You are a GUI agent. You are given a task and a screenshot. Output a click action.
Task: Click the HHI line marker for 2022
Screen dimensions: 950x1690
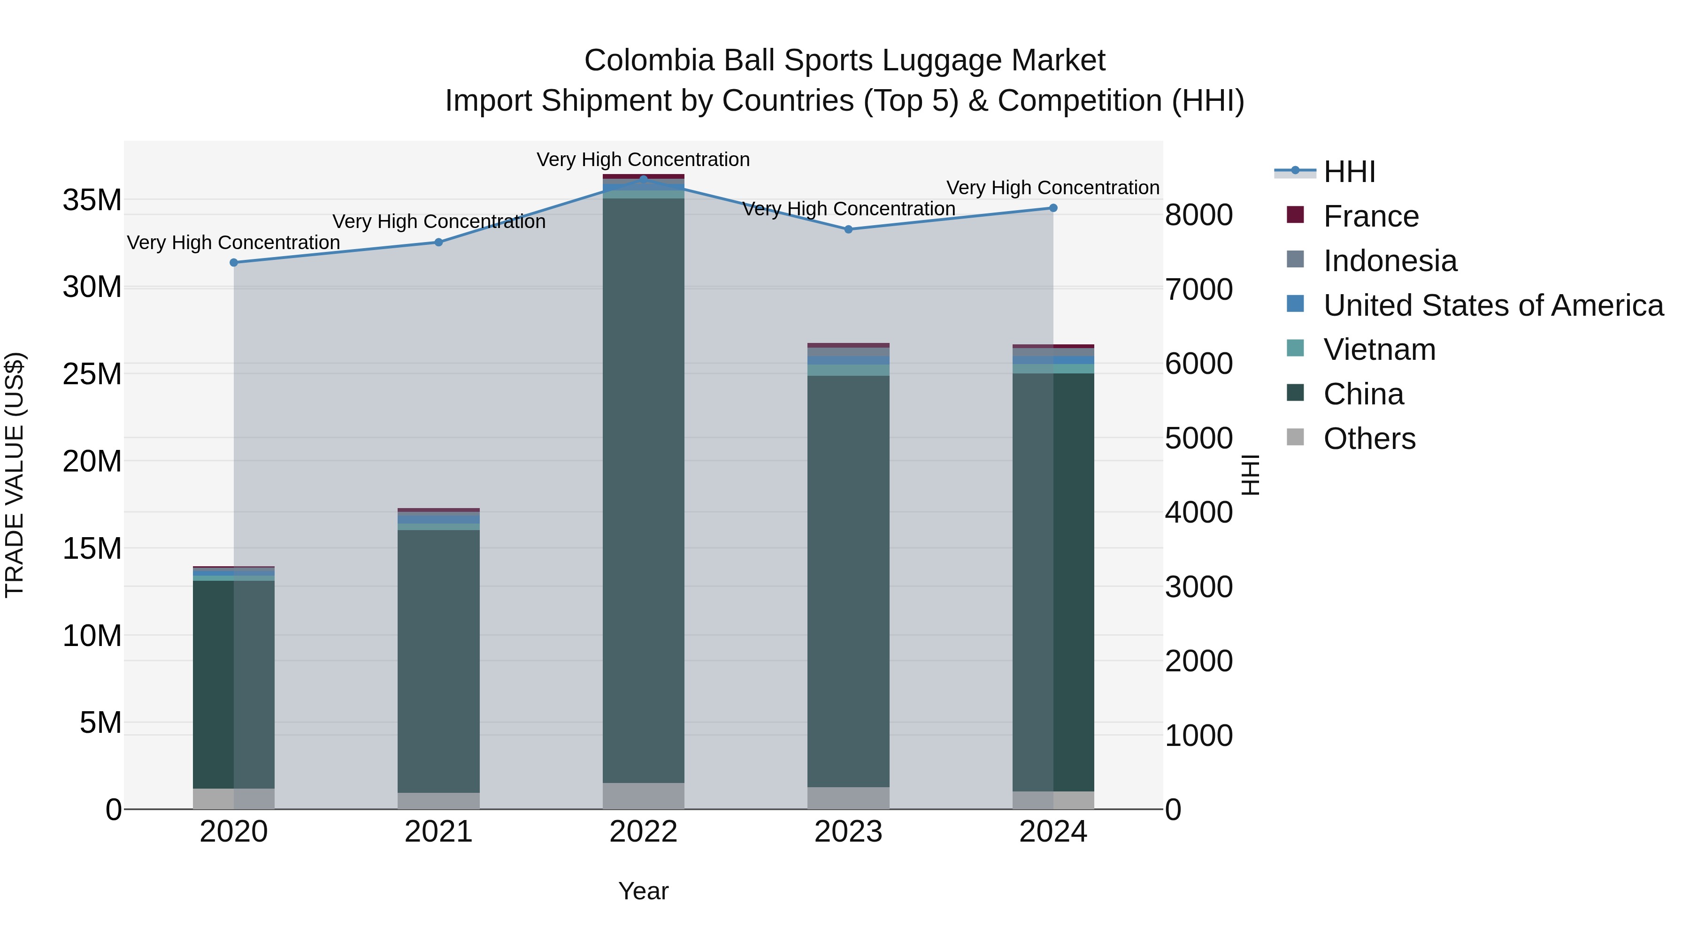pyautogui.click(x=643, y=179)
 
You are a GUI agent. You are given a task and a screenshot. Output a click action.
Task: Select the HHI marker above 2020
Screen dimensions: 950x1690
pyautogui.click(x=234, y=262)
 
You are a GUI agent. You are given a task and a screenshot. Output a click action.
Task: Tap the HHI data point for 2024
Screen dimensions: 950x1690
pyautogui.click(x=1053, y=208)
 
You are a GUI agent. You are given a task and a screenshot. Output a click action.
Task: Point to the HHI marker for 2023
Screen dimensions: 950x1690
pyautogui.click(x=848, y=229)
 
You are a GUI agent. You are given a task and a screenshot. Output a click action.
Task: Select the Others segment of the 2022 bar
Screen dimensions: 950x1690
pyautogui.click(x=643, y=796)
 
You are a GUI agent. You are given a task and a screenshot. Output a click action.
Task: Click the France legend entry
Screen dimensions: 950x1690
pyautogui.click(x=1370, y=216)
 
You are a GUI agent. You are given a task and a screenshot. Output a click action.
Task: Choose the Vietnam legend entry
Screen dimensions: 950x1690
pyautogui.click(x=1378, y=350)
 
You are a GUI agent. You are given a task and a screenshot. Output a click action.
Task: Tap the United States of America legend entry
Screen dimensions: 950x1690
pyautogui.click(x=1492, y=305)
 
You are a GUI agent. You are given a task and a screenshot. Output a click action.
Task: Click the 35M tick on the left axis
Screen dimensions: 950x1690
pyautogui.click(x=92, y=200)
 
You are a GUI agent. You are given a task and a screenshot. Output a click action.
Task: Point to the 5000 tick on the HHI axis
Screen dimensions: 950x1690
pyautogui.click(x=1198, y=438)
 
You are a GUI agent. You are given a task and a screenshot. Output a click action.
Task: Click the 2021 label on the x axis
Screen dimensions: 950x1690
pyautogui.click(x=438, y=832)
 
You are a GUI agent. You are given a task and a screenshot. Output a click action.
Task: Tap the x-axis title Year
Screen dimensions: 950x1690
pyautogui.click(x=643, y=891)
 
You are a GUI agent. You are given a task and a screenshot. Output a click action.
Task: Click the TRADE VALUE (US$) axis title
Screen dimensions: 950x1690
pyautogui.click(x=15, y=475)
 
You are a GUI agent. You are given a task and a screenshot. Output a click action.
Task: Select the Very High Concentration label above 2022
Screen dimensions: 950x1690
pyautogui.click(x=643, y=160)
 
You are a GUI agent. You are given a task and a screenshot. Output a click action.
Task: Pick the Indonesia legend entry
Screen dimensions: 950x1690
pyautogui.click(x=1389, y=261)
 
